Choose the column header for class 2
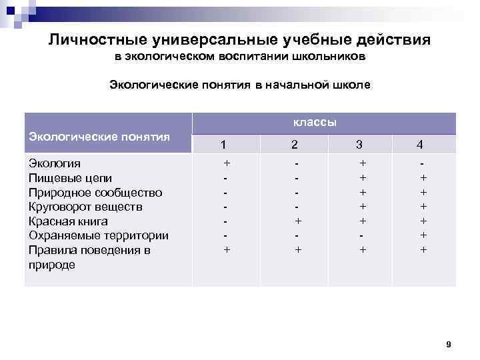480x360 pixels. [x=294, y=144]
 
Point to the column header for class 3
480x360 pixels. [x=359, y=144]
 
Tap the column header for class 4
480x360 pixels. [x=419, y=144]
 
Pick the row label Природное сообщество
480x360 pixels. [x=95, y=193]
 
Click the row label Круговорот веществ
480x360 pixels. [x=85, y=207]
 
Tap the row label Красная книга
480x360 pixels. [x=68, y=221]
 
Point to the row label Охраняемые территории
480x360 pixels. [x=99, y=235]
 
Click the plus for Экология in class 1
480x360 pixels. [x=227, y=163]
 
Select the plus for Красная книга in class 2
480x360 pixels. [x=298, y=221]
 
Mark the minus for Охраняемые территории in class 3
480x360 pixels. [x=362, y=236]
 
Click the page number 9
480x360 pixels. [x=448, y=345]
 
